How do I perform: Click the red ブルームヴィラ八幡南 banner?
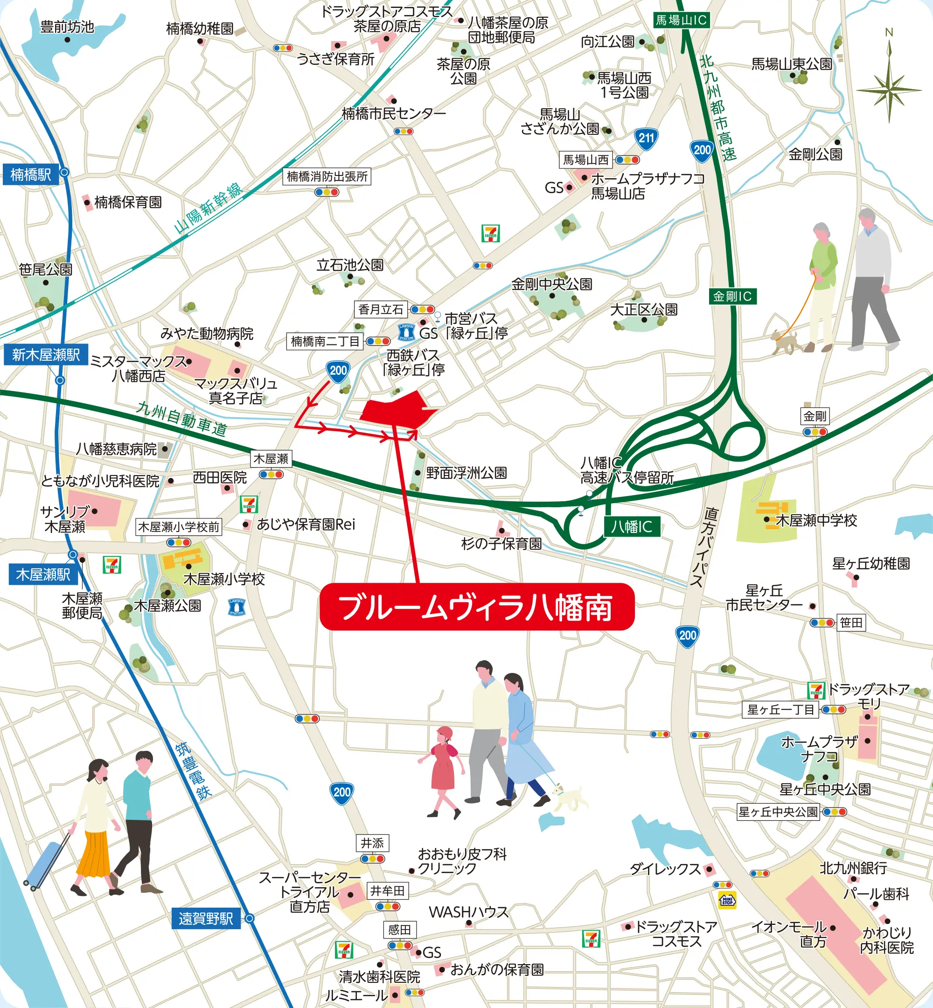point(477,607)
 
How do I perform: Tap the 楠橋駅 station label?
point(31,175)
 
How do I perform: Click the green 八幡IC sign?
point(632,527)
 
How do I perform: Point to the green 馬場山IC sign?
point(681,20)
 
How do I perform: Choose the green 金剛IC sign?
point(732,296)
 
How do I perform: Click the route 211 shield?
point(646,139)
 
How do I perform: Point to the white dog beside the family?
point(571,798)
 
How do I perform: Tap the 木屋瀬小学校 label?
point(224,579)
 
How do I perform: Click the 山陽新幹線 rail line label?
point(208,208)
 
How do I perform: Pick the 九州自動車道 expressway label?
point(182,419)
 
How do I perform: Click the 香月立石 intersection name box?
point(381,309)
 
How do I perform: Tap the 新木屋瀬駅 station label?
point(45,355)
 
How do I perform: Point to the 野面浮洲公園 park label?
point(466,473)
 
